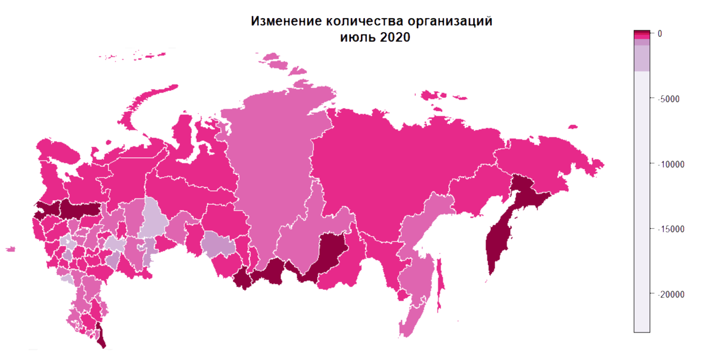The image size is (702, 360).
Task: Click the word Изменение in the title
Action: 287,22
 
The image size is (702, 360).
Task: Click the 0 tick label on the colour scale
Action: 660,33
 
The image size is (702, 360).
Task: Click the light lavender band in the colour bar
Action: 642,59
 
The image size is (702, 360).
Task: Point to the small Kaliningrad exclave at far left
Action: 10,249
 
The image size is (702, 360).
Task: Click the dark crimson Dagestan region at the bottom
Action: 101,336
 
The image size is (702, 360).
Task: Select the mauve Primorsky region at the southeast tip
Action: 412,319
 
